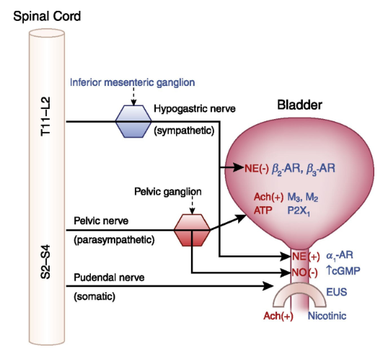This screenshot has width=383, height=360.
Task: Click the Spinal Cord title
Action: (x=47, y=17)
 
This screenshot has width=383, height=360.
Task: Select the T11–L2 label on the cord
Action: (x=45, y=116)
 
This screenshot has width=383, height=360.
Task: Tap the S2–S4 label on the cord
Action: (x=45, y=262)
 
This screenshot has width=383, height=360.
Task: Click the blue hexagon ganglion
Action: (x=133, y=121)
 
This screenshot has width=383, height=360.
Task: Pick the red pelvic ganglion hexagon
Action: (x=192, y=230)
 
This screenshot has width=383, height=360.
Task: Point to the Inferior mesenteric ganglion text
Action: (x=133, y=82)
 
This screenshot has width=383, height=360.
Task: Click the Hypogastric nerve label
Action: (x=195, y=109)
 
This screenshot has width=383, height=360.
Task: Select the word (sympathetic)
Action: (x=184, y=131)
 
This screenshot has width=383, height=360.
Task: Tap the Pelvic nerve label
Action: (x=101, y=221)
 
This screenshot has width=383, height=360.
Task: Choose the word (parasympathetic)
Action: (x=114, y=240)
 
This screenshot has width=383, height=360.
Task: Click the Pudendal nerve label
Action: (x=109, y=278)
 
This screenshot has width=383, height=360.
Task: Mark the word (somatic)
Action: (x=94, y=297)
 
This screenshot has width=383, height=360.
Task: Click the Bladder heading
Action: (x=300, y=105)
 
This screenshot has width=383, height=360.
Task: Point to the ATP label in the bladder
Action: (x=263, y=210)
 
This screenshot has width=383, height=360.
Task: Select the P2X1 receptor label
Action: (x=299, y=211)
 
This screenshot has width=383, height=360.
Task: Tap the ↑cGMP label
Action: (x=343, y=271)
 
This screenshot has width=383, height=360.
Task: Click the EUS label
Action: (x=337, y=292)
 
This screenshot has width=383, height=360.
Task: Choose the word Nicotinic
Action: (x=327, y=316)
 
